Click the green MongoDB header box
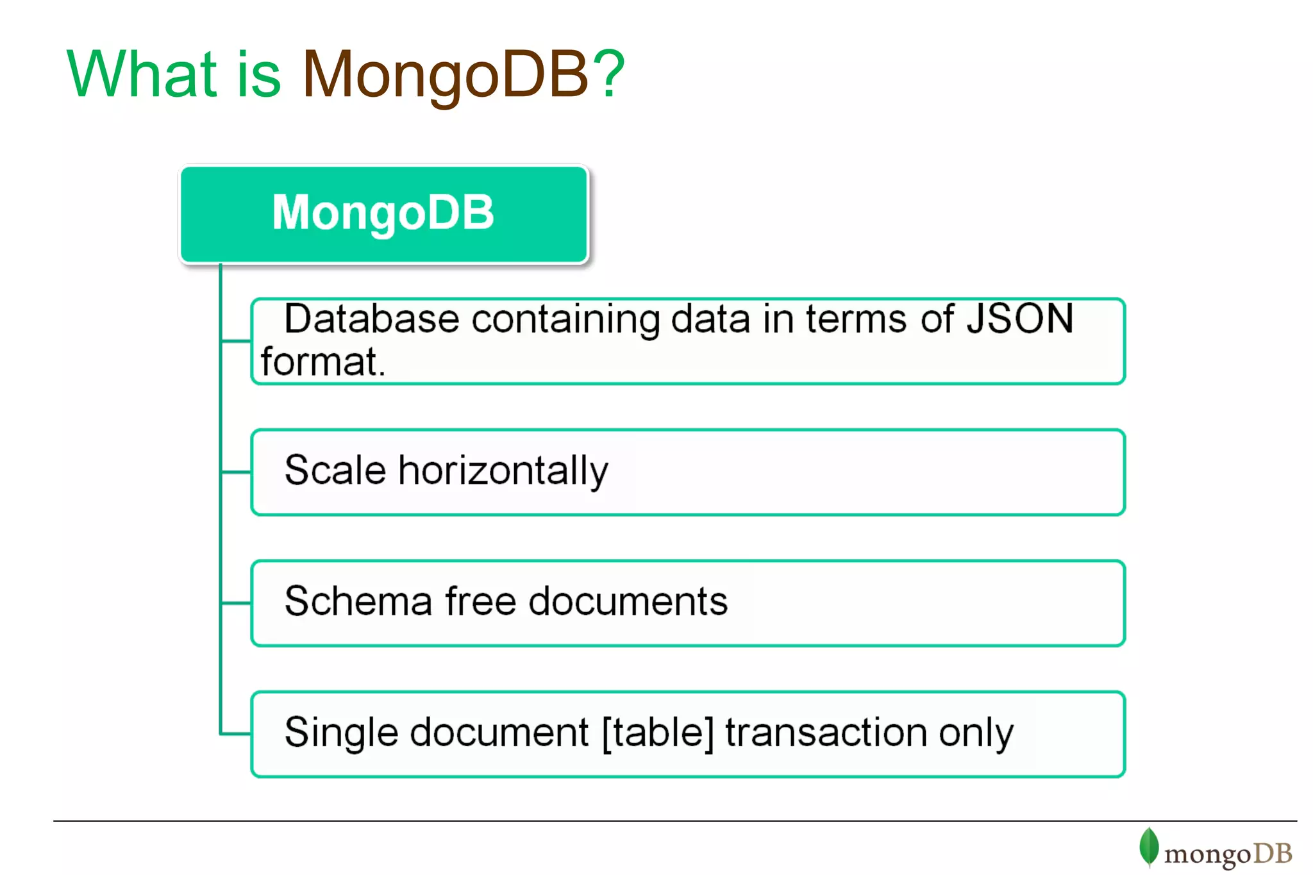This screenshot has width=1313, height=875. coord(383,214)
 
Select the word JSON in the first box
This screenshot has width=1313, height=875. coord(1019,319)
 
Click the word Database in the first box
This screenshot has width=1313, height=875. coord(372,319)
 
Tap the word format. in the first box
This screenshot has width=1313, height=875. coord(323,362)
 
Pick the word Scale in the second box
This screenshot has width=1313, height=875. coord(335,470)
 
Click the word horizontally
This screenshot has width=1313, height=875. coord(503,471)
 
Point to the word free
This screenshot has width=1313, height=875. coord(480,601)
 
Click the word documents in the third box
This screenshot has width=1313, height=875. coord(628,601)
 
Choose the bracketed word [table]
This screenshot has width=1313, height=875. coord(658,733)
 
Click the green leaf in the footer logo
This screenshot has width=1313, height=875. coord(1149,847)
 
